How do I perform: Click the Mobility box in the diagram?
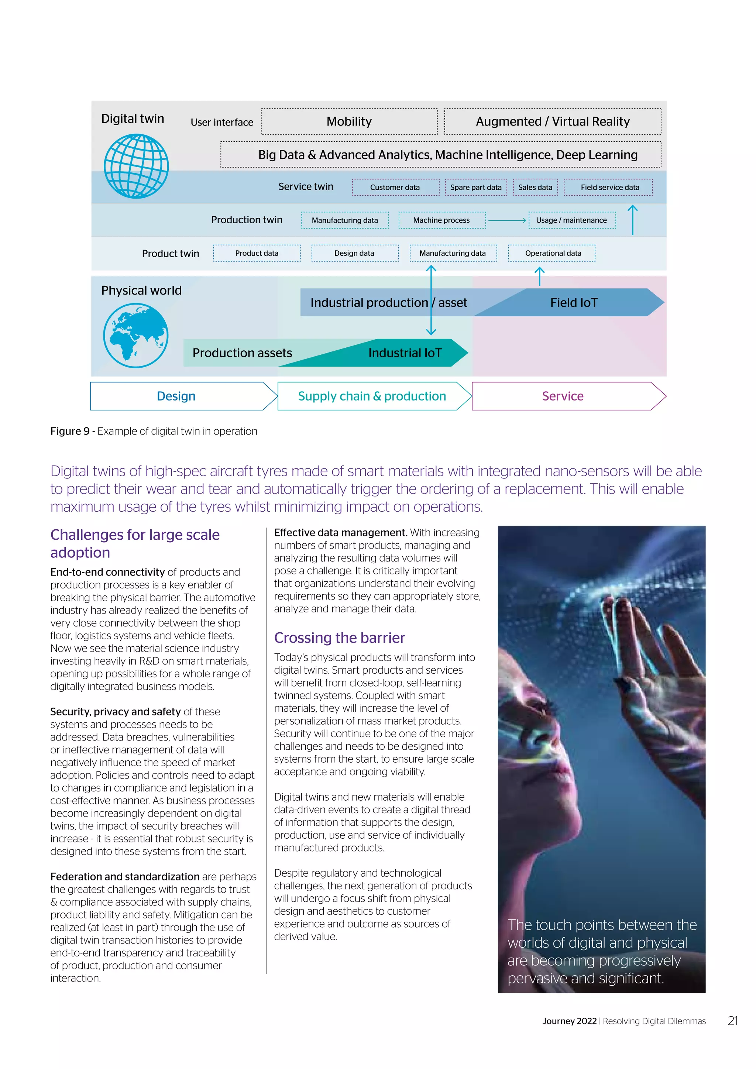349,121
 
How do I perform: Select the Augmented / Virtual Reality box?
553,121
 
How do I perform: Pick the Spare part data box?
476,187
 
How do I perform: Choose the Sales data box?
535,187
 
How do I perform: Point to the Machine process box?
442,220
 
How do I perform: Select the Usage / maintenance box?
572,220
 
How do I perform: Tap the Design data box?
354,253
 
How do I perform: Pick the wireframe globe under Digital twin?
136,166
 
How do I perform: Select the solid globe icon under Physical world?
135,335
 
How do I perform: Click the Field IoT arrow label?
574,303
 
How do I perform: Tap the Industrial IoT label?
405,353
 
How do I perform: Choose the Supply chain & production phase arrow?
372,396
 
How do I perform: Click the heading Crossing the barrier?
339,637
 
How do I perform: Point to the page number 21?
733,1021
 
